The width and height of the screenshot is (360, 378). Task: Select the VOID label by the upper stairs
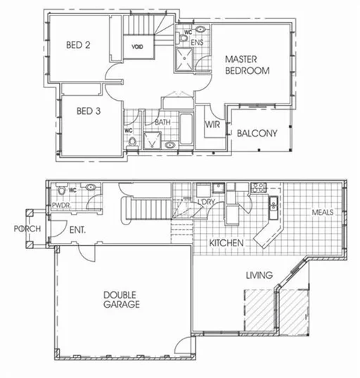(138, 47)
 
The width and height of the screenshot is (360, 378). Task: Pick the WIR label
(214, 125)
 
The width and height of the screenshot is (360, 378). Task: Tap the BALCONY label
(256, 133)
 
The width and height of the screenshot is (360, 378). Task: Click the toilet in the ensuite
(200, 31)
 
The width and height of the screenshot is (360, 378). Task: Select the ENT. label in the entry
(77, 229)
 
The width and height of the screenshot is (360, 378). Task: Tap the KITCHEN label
(226, 243)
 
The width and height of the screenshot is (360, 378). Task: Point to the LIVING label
(258, 275)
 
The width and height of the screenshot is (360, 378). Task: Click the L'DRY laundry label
(207, 203)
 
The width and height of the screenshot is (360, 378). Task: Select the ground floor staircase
(148, 209)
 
